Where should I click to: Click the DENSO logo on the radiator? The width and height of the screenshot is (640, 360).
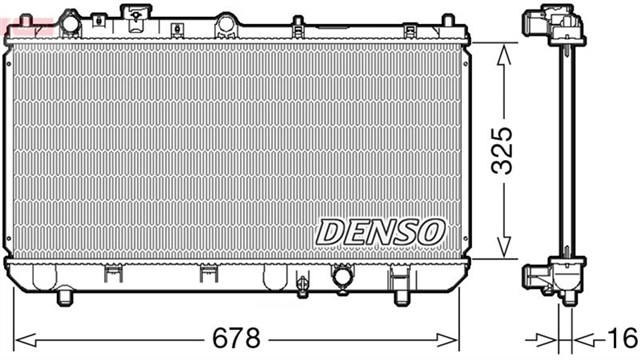(x=380, y=231)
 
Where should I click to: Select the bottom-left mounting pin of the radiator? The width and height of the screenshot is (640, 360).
(x=67, y=297)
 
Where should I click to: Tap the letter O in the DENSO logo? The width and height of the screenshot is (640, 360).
(x=430, y=231)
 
